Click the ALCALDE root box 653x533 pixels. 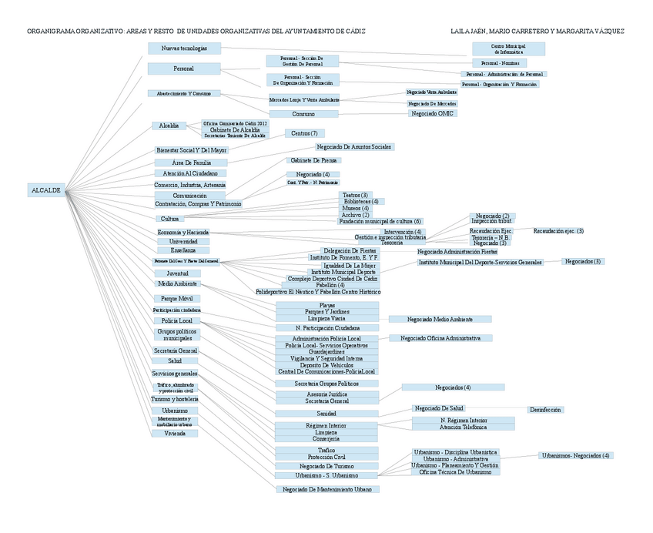45,189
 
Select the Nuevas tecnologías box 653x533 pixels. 184,49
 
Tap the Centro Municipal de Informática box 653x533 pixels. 507,49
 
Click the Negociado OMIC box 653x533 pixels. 432,113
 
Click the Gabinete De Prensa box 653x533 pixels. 313,160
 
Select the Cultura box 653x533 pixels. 169,219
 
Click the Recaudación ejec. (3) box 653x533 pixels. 558,230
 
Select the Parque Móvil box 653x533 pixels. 176,298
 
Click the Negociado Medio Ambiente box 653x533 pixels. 439,319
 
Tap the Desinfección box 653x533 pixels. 545,410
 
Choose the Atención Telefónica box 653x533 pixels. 461,427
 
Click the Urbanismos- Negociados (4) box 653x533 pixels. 576,455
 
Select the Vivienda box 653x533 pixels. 175,433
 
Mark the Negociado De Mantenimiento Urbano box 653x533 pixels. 327,488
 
